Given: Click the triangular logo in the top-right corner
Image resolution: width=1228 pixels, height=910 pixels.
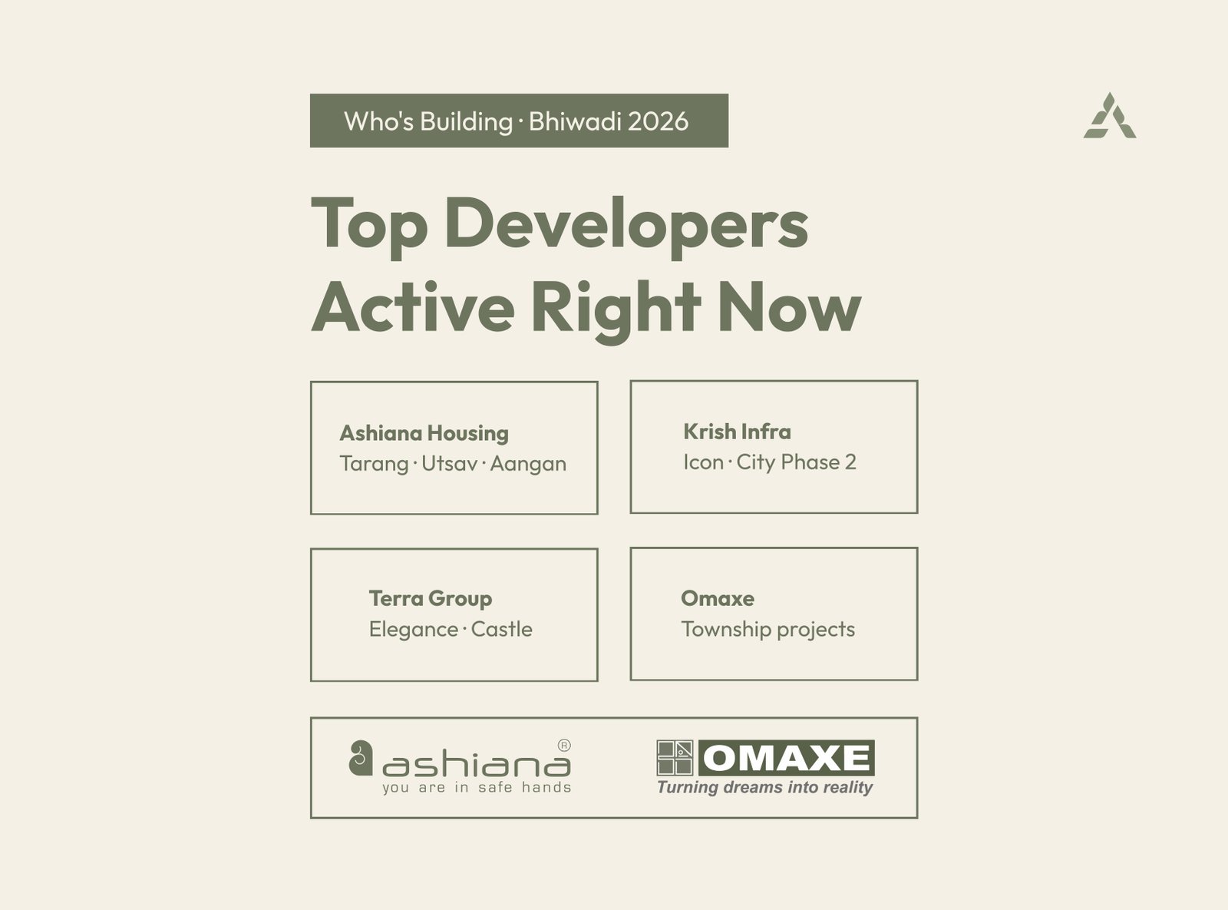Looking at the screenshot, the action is tap(1110, 116).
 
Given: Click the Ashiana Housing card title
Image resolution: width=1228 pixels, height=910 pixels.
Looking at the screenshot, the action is tap(424, 433).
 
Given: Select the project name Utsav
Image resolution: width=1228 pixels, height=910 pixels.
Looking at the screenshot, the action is tap(449, 464).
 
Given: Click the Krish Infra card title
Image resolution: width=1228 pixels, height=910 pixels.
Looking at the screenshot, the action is tap(737, 432).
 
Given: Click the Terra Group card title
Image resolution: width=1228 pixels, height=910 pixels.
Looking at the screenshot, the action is tap(431, 599).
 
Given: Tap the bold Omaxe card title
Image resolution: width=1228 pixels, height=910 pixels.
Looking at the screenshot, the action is tap(718, 598).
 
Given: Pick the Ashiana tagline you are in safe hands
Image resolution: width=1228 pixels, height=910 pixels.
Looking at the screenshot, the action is tap(477, 788).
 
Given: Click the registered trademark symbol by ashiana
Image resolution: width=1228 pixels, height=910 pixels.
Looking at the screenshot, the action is tap(563, 746).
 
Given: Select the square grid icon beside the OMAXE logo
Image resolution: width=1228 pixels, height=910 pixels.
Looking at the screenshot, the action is tap(675, 758).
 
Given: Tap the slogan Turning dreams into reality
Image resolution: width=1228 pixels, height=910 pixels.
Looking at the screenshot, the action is tap(764, 788).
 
